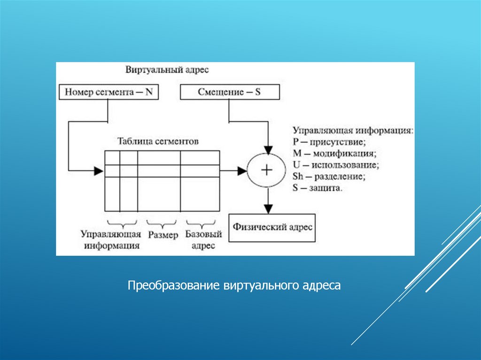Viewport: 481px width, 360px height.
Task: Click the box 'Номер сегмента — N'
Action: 109,92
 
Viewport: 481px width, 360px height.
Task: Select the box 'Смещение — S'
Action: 230,92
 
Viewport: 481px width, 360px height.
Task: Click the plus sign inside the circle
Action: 267,170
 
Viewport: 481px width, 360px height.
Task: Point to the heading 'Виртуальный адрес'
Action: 167,69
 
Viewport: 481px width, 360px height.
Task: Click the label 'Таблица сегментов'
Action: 158,141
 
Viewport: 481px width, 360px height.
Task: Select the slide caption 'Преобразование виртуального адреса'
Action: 234,285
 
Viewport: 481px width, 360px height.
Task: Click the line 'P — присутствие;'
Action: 329,142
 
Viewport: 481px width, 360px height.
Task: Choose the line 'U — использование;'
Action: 336,165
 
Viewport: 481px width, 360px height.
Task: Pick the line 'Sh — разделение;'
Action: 329,177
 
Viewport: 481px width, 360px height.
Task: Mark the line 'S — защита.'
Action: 318,189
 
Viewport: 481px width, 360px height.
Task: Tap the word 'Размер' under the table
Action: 163,234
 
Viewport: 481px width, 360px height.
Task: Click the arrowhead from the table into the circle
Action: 242,170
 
